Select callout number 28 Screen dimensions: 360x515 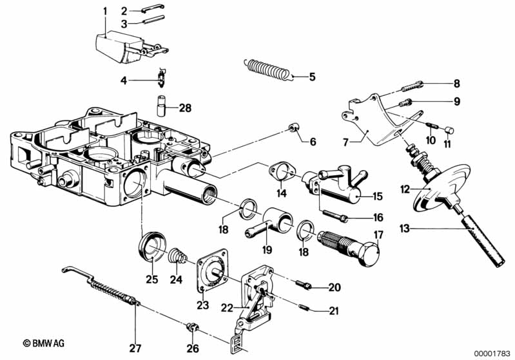click(186, 108)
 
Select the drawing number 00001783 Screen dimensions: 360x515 click(491, 352)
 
